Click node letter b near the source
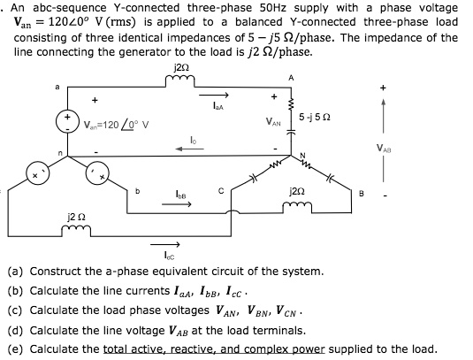point(139,188)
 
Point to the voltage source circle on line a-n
point(65,120)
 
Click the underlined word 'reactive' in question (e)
point(188,349)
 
